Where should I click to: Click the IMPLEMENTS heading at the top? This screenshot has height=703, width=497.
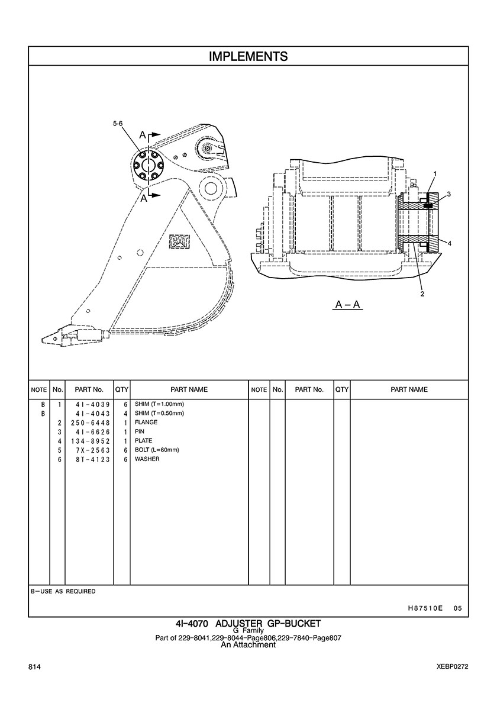click(x=248, y=56)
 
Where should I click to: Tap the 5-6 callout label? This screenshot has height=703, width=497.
click(x=118, y=123)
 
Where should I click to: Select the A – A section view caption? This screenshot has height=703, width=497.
click(x=348, y=304)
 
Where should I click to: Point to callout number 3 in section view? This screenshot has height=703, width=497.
click(x=448, y=194)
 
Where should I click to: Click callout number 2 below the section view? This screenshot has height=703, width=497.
click(x=422, y=294)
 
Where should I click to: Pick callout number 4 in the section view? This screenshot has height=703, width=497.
click(x=450, y=243)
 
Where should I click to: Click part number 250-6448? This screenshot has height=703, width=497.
click(x=90, y=423)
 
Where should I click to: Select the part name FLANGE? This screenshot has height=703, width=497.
click(x=146, y=423)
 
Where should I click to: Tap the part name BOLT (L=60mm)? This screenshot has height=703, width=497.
click(x=157, y=450)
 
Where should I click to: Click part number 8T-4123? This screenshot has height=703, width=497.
click(x=93, y=459)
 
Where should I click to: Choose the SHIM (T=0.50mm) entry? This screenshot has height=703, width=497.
click(x=159, y=413)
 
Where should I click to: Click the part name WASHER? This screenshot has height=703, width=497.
click(x=147, y=459)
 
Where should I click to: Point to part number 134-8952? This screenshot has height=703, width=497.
click(x=90, y=441)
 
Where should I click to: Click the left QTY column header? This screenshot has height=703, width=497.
click(x=121, y=389)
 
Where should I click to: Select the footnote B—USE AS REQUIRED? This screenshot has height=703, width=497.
click(x=63, y=591)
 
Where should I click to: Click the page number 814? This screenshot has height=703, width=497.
click(x=34, y=667)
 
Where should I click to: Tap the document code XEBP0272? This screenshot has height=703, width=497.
click(x=453, y=667)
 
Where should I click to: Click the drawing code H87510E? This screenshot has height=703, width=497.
click(x=425, y=608)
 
